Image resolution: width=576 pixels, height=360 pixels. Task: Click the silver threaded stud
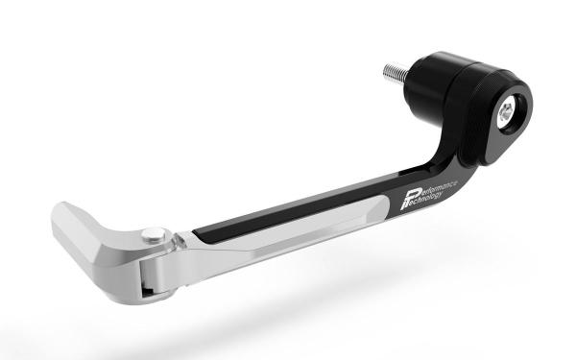pyautogui.click(x=396, y=73)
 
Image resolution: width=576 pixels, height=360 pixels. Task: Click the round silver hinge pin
pyautogui.click(x=154, y=235)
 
